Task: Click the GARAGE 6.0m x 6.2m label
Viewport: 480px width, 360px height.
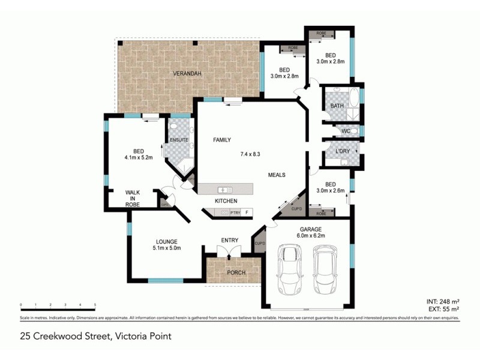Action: tap(311, 233)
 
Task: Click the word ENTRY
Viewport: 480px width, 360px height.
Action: tap(230, 241)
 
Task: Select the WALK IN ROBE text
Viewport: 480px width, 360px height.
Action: tap(133, 199)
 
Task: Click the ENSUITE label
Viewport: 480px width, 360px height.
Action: tap(179, 140)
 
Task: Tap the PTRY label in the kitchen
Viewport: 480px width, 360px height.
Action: tap(235, 212)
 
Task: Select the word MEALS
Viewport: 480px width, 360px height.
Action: tap(276, 175)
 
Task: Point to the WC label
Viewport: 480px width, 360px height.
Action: tap(346, 131)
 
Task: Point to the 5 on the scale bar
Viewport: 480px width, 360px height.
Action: tap(95, 305)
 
